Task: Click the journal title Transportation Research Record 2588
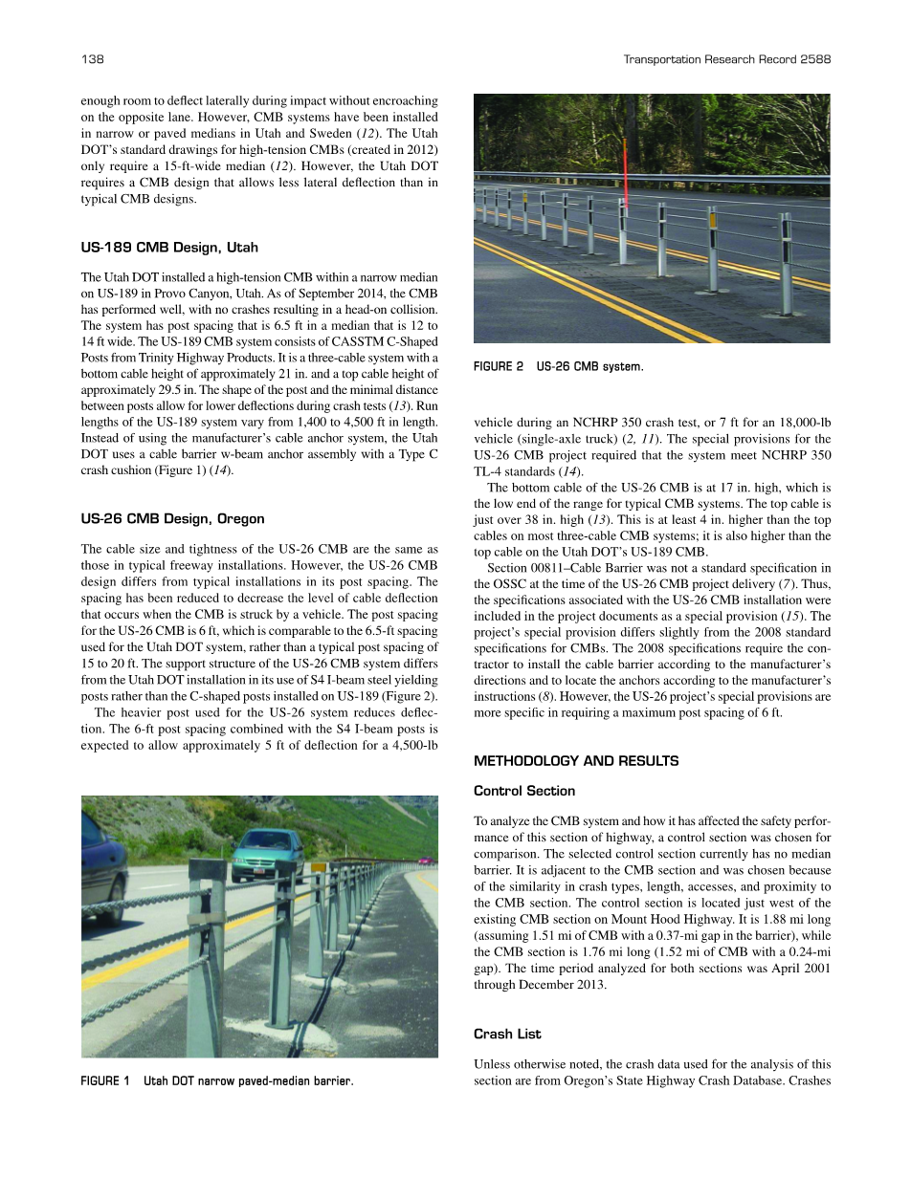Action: [x=726, y=59]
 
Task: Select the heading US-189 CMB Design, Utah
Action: [x=169, y=248]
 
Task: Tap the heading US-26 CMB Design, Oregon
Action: [x=172, y=519]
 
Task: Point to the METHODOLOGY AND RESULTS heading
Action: [x=576, y=761]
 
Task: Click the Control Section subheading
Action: [x=524, y=791]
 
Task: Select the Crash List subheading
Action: [x=507, y=1034]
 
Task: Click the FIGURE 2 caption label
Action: [x=499, y=366]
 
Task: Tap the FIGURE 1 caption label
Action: [x=105, y=1081]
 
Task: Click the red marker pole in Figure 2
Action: [x=626, y=172]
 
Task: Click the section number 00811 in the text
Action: [x=542, y=569]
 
